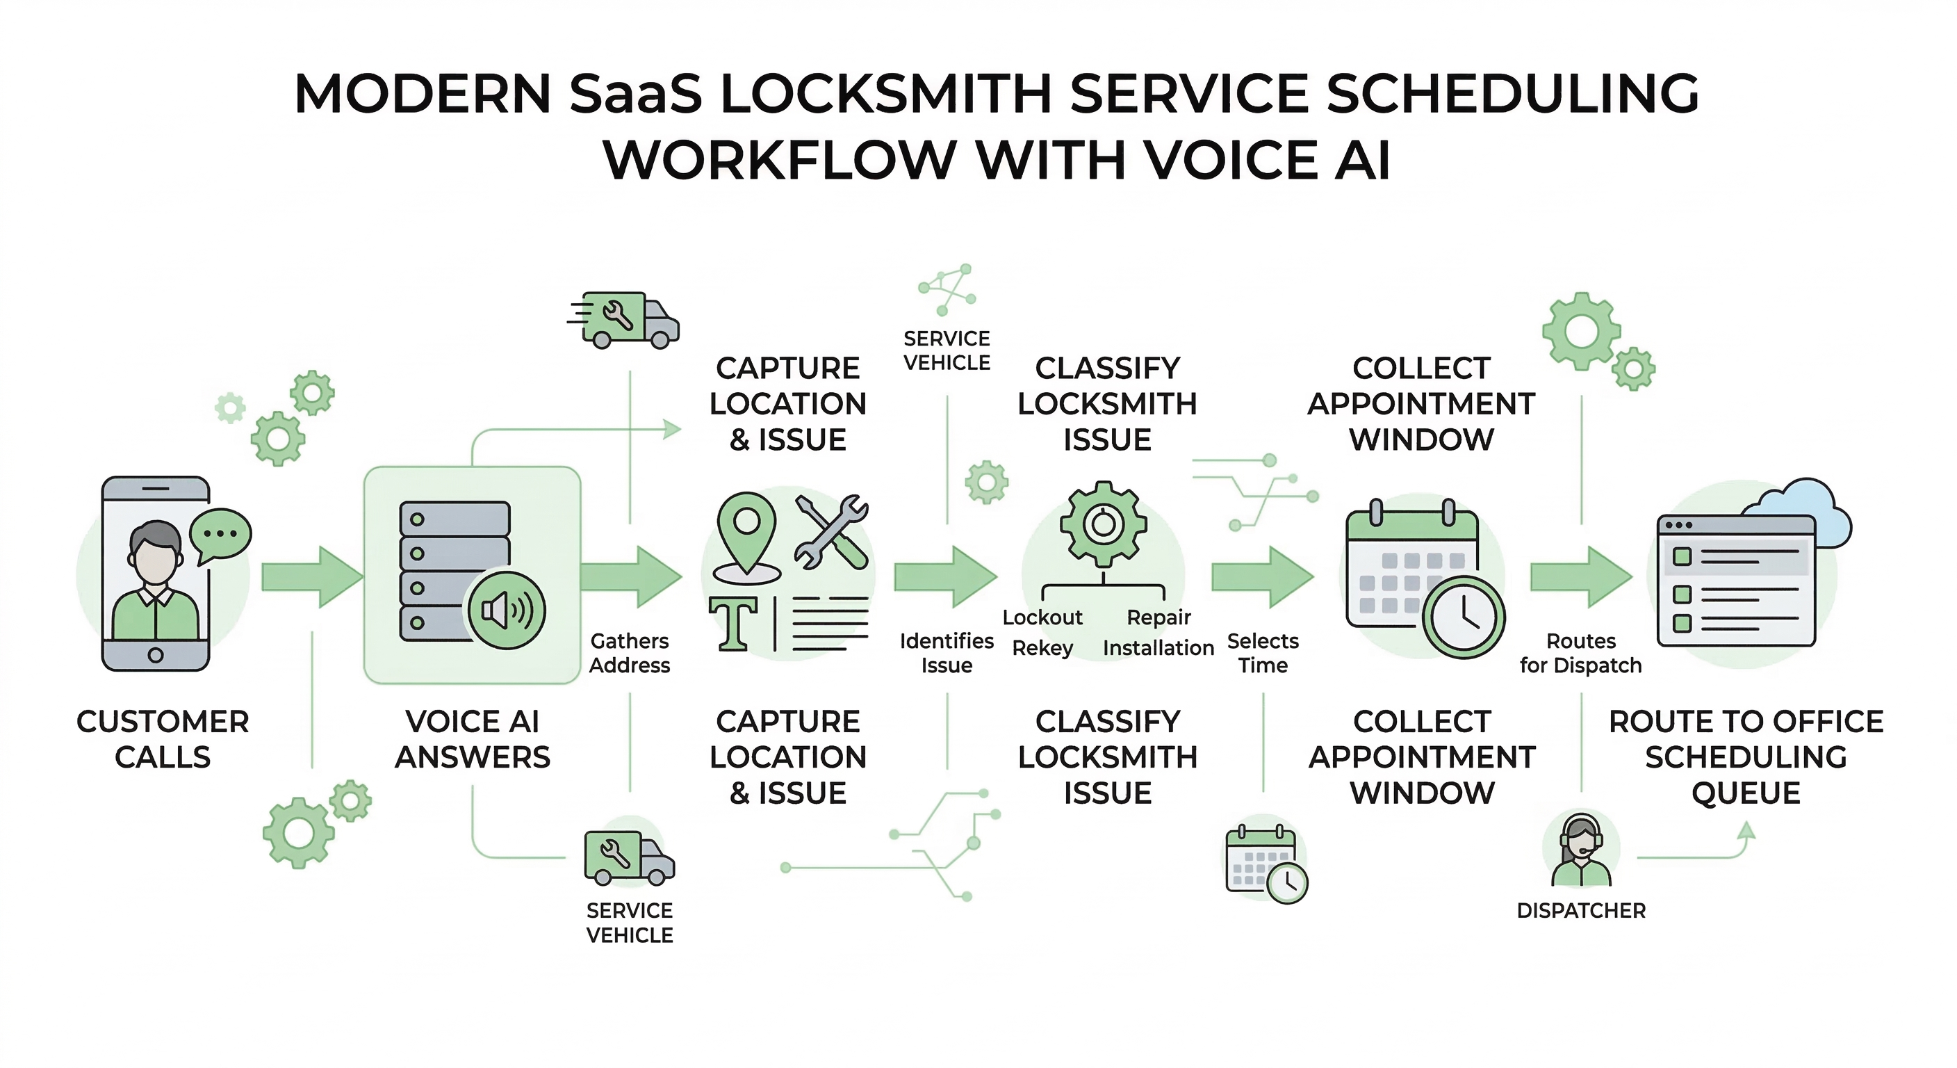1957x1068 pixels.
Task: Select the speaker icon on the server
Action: (507, 610)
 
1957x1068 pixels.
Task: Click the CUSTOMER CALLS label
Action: (163, 739)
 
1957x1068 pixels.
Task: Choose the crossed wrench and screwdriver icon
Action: (831, 532)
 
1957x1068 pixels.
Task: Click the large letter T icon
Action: (733, 623)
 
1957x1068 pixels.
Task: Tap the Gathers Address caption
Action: (630, 653)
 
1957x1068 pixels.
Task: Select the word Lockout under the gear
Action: (1042, 617)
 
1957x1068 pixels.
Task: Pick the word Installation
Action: (1158, 649)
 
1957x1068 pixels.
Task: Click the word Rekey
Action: (1042, 649)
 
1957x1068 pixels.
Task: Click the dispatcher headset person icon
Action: (1581, 850)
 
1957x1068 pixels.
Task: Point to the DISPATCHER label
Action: (1581, 911)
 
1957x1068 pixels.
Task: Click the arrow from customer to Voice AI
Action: (311, 577)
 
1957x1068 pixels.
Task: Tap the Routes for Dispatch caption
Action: (1581, 653)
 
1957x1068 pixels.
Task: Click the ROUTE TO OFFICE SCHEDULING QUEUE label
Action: (1746, 757)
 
